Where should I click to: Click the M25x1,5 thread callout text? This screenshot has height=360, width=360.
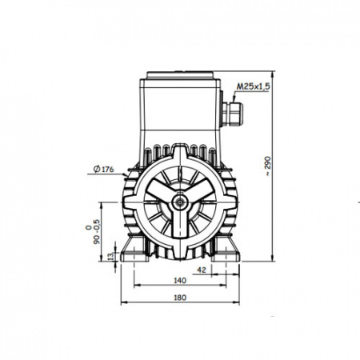coord(254,86)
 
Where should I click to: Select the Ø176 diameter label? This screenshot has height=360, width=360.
coord(104,169)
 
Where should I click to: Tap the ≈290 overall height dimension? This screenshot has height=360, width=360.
coord(267,166)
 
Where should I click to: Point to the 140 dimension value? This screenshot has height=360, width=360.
coord(180,280)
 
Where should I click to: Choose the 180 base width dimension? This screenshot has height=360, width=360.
coord(180,298)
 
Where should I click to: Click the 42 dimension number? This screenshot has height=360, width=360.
coord(202,270)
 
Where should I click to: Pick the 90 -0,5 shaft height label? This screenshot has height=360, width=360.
coord(93,231)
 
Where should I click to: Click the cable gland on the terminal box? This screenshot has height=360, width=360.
coord(233,114)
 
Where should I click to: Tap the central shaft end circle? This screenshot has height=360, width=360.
coord(180,202)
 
